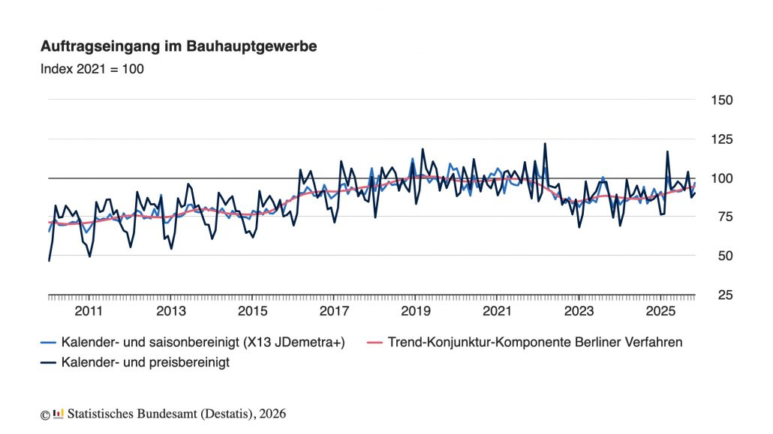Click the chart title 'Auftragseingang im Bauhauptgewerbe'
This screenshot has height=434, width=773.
tap(179, 46)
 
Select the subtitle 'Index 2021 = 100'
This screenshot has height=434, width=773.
tap(92, 69)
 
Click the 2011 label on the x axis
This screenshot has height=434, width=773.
tap(89, 311)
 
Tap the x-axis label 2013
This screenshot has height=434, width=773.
tap(171, 311)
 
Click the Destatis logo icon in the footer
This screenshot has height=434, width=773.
tap(59, 413)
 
